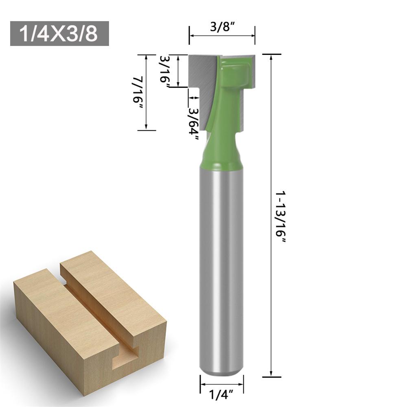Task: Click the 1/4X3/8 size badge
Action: click(59, 33)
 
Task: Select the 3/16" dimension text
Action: click(165, 69)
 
